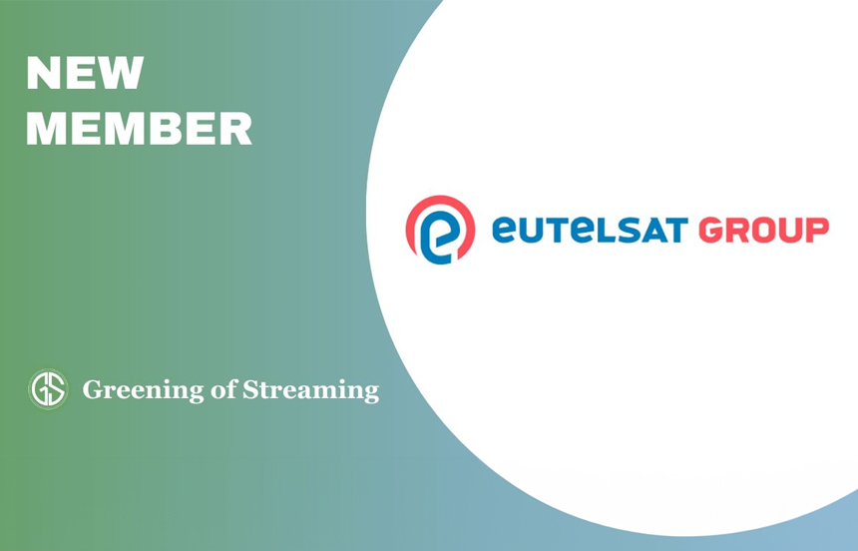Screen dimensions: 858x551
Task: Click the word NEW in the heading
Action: (x=85, y=73)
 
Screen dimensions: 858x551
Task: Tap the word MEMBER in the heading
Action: (x=139, y=128)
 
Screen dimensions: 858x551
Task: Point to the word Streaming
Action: (x=310, y=391)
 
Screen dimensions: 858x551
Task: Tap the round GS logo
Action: (x=48, y=389)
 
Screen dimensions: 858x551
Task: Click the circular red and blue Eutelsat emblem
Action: (x=441, y=230)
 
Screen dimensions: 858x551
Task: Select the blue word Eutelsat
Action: (x=590, y=230)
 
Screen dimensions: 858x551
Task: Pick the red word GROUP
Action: (x=764, y=230)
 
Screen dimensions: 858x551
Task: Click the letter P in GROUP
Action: (x=817, y=230)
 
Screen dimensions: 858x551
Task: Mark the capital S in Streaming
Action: (x=250, y=390)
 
